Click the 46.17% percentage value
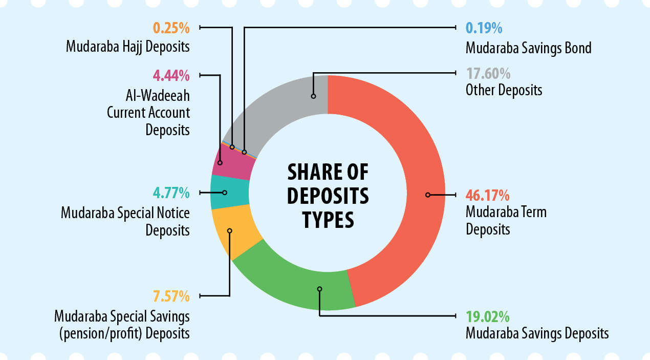tap(487, 196)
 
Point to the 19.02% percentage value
tap(487, 315)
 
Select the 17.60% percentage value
tap(487, 74)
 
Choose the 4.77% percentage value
tap(171, 193)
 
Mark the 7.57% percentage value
tap(171, 296)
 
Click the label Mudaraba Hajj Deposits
tap(128, 47)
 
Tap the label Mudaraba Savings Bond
tap(528, 48)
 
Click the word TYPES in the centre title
tap(328, 219)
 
